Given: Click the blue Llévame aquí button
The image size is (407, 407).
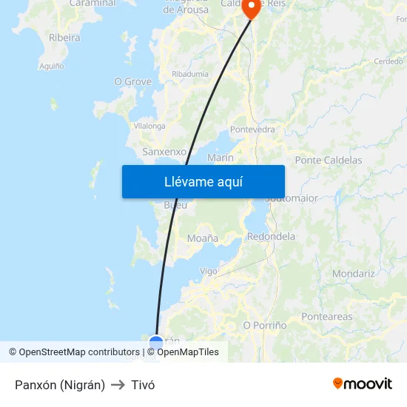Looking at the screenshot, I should point(203,181).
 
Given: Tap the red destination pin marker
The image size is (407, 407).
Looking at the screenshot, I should point(252,8).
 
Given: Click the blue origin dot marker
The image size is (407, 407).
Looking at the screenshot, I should point(156,343).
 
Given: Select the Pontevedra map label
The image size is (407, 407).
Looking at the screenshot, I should point(252,129).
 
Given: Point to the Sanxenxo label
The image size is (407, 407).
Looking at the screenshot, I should point(164,152).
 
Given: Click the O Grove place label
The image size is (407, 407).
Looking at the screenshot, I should point(132,81).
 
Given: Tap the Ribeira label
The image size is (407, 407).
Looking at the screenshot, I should point(64,37).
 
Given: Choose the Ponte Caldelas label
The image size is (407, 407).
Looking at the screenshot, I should point(328,160).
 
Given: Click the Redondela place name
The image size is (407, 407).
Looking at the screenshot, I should point(271,237).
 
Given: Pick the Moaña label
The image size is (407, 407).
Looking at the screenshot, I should point(202,238).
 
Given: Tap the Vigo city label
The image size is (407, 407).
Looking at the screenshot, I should point(209,272).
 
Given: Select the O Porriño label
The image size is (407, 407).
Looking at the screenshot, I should point(264,325).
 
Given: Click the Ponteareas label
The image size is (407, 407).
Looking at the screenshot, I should point(327,317).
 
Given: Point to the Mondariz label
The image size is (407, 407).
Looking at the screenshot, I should point(353,273).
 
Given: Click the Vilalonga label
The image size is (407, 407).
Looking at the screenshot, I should point(149,127).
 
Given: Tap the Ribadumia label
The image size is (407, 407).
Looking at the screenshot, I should point(189,74).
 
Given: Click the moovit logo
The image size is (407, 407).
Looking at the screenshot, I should point(362,383).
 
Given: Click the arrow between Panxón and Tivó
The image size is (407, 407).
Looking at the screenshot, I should point(118,385).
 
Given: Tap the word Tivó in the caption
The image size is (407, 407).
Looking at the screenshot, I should point(143,385).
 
